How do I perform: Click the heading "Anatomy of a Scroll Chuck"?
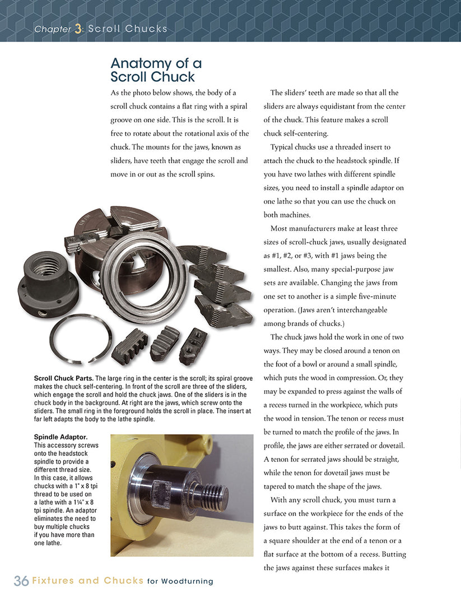[x=156, y=70]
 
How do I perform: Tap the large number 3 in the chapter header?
[x=78, y=29]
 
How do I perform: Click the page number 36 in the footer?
[x=21, y=581]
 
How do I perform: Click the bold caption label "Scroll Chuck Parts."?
[x=63, y=378]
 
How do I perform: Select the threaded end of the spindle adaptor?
[x=215, y=494]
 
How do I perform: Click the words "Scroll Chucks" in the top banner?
[x=128, y=29]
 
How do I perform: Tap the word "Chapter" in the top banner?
[x=52, y=29]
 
